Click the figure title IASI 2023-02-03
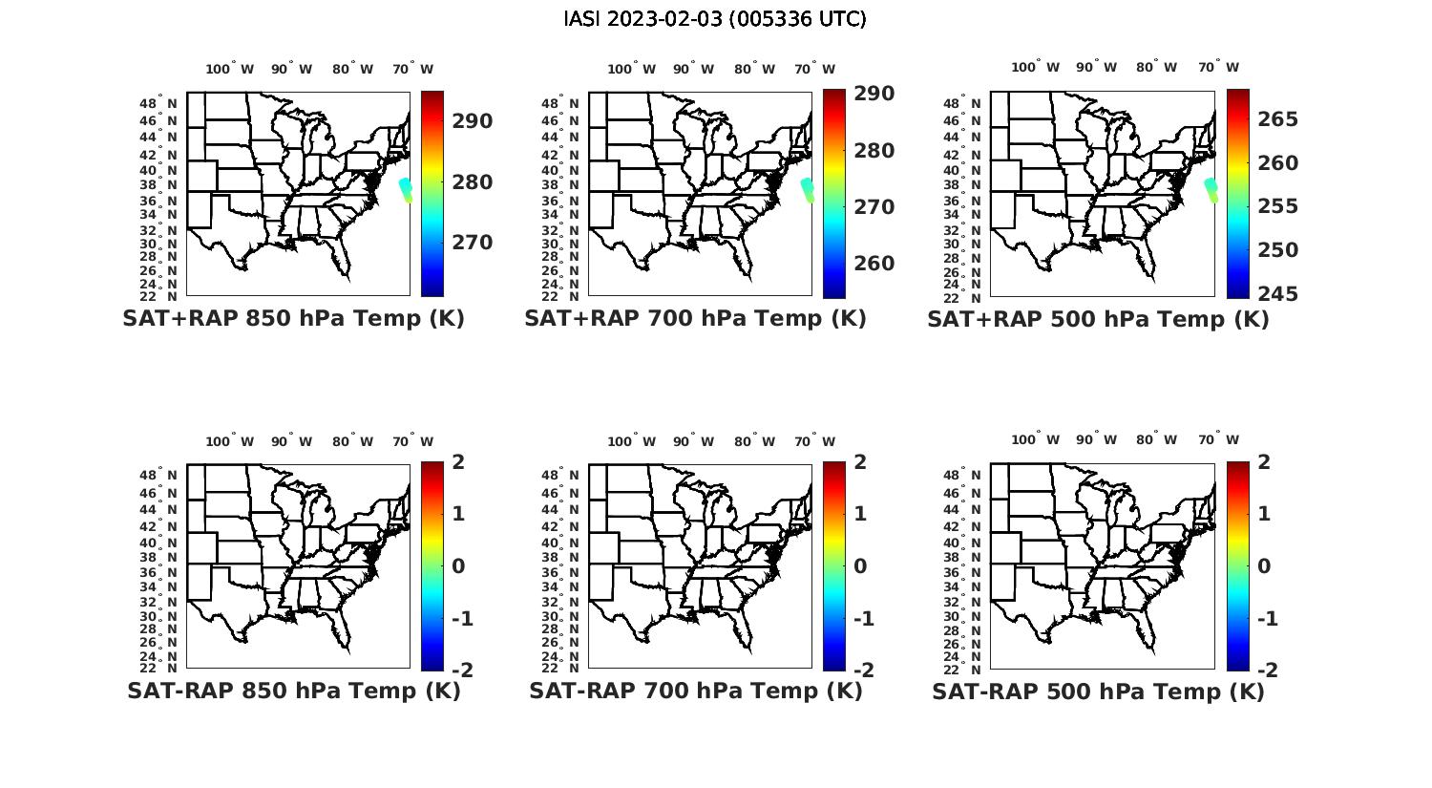(x=715, y=19)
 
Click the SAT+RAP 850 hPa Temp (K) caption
(x=293, y=319)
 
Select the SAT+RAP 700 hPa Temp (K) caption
(x=695, y=319)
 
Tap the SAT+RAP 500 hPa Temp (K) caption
(x=1098, y=320)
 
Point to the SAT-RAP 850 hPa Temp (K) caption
(x=294, y=691)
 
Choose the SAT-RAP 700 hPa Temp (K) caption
(x=696, y=691)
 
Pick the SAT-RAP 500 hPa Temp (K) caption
(x=1098, y=692)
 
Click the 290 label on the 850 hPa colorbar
(x=473, y=121)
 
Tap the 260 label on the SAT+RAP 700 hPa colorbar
(x=874, y=264)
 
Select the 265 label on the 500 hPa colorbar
(x=1277, y=119)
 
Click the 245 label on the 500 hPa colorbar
(x=1277, y=294)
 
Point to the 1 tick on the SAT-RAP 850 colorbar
(x=458, y=514)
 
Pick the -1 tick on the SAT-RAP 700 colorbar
(x=863, y=619)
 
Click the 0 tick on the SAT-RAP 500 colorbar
(x=1264, y=566)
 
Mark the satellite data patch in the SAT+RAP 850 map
(x=406, y=189)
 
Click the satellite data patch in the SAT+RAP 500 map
(x=1211, y=189)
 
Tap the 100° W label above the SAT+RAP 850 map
(x=230, y=69)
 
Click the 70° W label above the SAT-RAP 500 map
(x=1218, y=440)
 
